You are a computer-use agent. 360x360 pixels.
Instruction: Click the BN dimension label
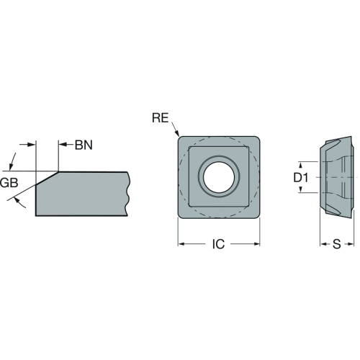84,145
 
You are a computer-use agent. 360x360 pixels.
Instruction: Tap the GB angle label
9,183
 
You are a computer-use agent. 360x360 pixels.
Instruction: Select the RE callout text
161,118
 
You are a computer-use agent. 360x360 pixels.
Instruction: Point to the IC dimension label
218,244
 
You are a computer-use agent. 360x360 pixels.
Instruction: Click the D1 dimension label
301,178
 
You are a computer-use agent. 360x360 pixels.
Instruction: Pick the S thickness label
337,244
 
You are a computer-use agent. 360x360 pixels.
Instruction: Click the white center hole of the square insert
219,177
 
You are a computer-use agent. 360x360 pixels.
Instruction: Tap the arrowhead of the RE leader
177,133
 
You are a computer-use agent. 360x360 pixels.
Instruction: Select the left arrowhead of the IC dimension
181,244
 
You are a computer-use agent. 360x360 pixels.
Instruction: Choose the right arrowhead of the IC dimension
256,244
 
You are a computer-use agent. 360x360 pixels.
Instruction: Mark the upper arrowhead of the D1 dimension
300,165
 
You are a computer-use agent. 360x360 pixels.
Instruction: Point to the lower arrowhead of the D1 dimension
300,189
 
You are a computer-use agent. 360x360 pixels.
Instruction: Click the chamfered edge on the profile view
47,178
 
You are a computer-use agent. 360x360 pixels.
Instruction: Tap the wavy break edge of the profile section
127,194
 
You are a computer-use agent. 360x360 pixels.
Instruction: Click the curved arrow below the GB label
19,203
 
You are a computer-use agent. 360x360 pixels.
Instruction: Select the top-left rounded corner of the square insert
181,139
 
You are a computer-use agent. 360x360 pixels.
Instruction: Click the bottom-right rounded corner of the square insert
257,215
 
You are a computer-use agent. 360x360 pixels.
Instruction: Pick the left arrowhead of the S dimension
323,244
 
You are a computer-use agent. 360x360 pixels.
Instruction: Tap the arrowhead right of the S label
351,244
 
